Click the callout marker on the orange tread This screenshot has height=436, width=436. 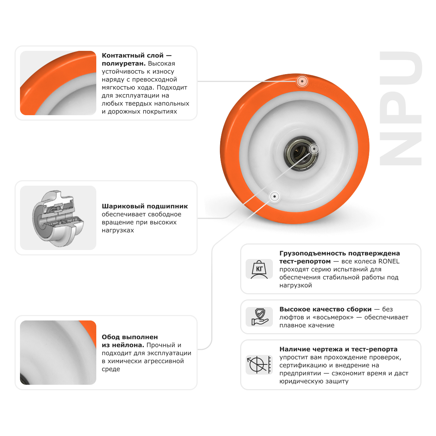tap(302, 81)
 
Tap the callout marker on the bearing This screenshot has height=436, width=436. tap(314, 149)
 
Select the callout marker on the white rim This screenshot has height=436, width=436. tap(274, 197)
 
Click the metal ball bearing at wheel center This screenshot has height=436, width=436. tap(301, 154)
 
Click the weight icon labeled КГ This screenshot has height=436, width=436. tap(259, 269)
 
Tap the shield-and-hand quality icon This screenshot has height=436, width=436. tap(259, 317)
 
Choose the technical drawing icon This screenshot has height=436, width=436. tap(259, 365)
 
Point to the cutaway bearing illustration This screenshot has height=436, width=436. tap(58, 218)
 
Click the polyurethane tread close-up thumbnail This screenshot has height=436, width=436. tap(58, 83)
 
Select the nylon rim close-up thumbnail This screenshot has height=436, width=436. tap(58, 352)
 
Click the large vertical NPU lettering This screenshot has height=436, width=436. tap(400, 108)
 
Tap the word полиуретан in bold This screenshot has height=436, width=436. tap(124, 64)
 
